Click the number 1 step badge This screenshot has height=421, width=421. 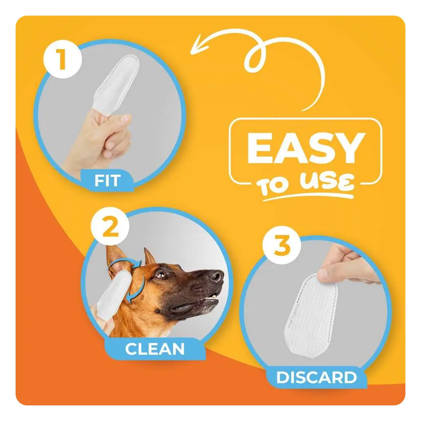(x=62, y=59)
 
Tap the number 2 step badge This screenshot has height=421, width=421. (x=110, y=226)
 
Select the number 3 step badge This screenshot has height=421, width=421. (x=282, y=245)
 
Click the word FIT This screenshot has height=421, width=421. (x=108, y=180)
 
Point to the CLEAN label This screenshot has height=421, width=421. (x=155, y=349)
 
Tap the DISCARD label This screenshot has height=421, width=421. (x=317, y=377)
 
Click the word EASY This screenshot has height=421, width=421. (x=306, y=148)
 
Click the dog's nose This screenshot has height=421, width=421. (x=216, y=276)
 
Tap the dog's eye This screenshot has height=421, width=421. (x=161, y=274)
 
